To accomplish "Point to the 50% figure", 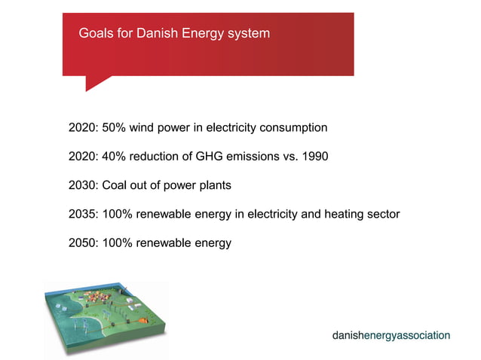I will [113, 127].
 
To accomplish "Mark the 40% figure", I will [113, 157].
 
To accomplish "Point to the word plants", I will [213, 185].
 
